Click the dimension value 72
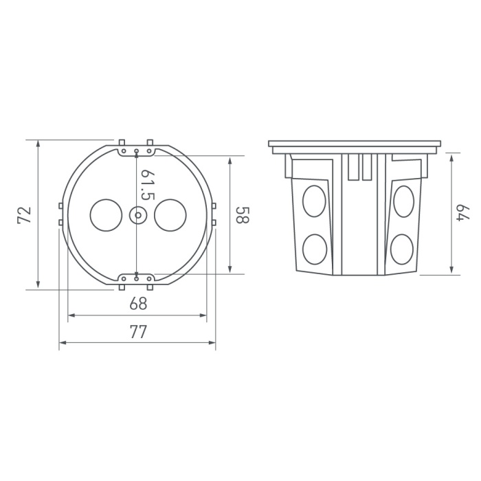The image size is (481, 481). point(25,215)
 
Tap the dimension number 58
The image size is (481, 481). point(243,215)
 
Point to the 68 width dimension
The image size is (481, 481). point(138,304)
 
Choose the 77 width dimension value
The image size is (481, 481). point(138,332)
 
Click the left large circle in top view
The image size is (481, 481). point(106,215)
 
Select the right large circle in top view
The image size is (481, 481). point(170,215)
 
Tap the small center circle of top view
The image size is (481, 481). point(138,215)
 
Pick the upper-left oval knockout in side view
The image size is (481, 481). point(314,201)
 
